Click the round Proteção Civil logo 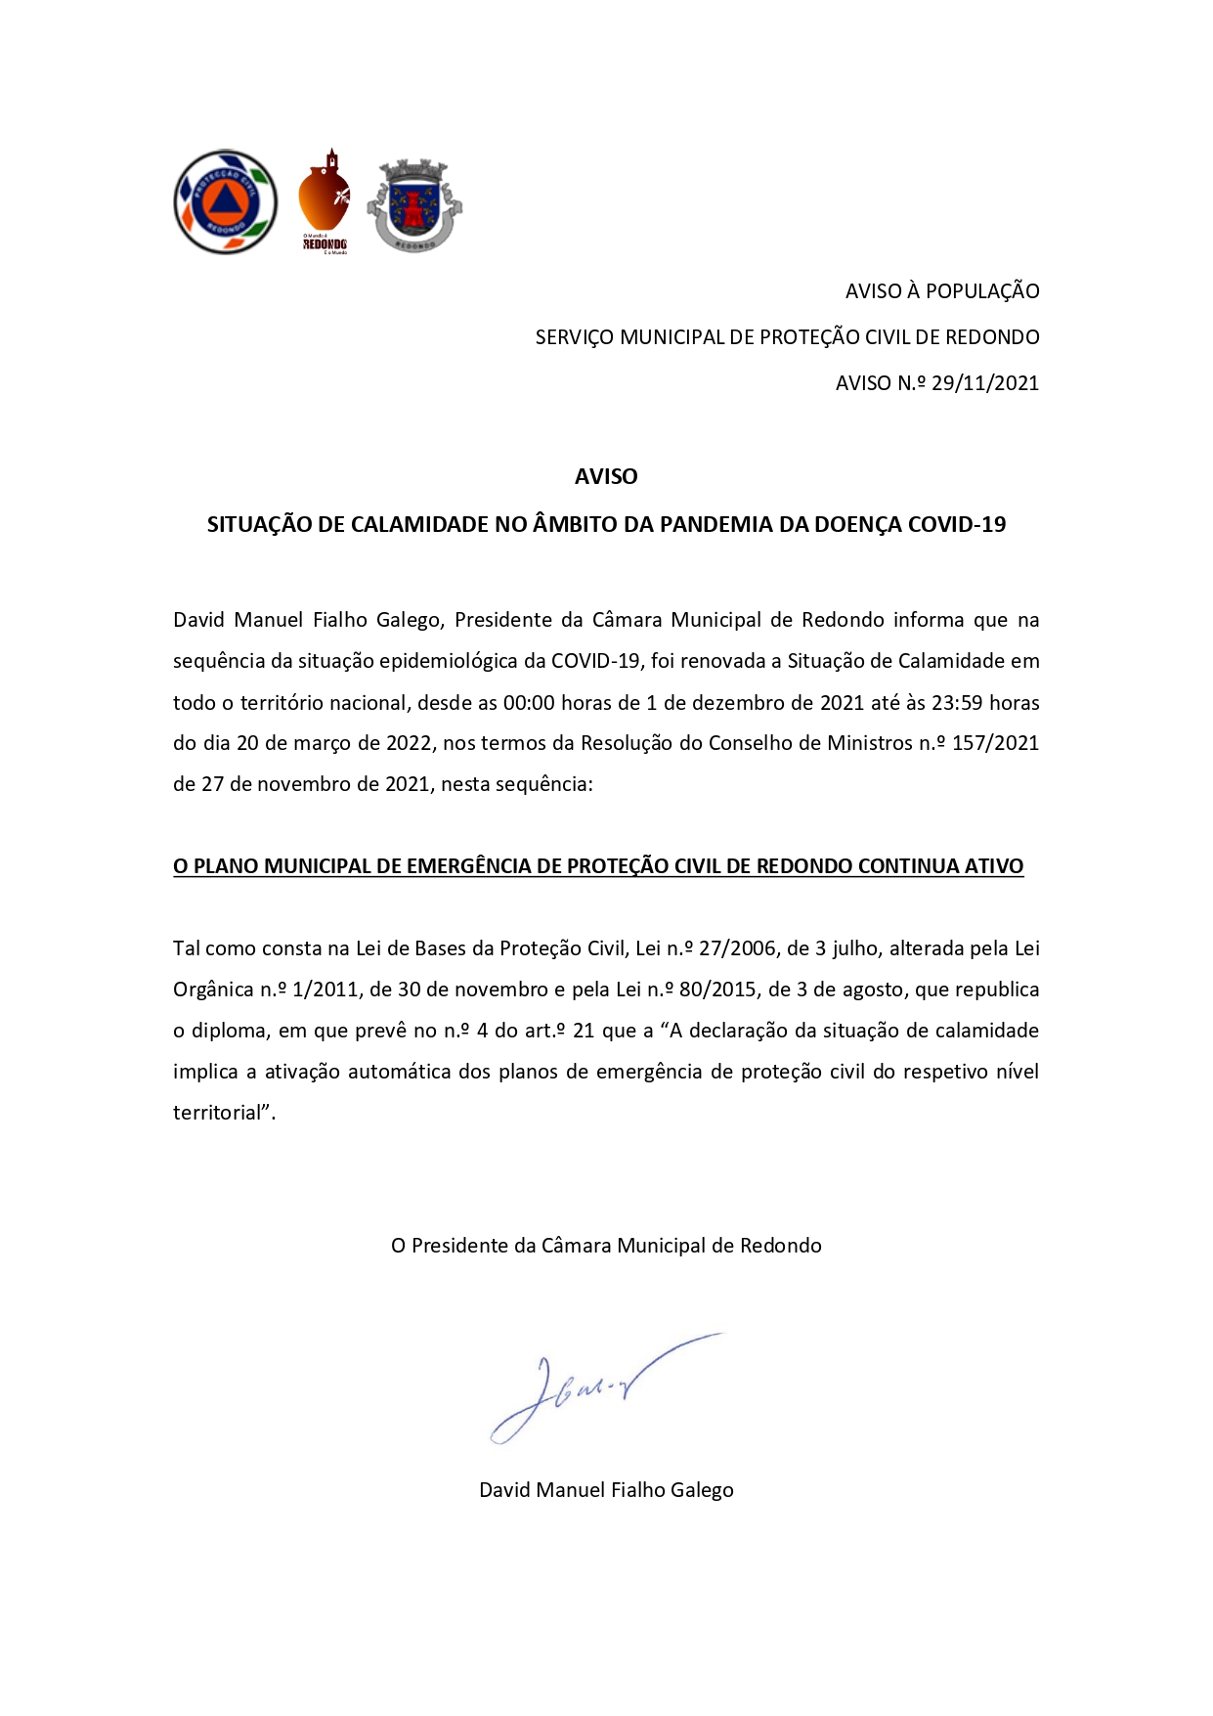[225, 202]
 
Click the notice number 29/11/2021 [984, 383]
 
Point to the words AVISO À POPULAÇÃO [941, 291]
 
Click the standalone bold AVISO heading [606, 477]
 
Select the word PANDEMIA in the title [715, 525]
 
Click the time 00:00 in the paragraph [529, 703]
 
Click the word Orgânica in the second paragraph [213, 990]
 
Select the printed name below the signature [606, 1490]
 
